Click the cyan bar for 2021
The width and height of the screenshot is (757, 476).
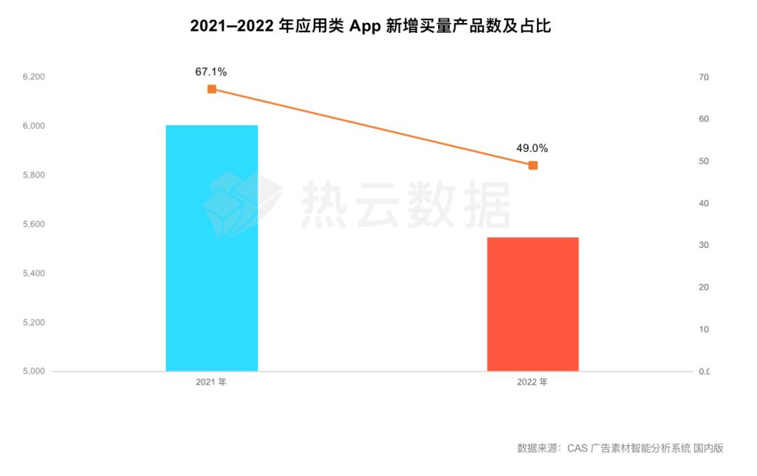click(x=212, y=248)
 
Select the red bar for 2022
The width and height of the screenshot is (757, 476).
click(x=533, y=304)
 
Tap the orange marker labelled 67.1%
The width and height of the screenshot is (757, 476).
click(x=212, y=89)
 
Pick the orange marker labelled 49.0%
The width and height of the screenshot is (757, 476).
click(x=533, y=165)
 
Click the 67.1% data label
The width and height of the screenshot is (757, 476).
click(x=211, y=71)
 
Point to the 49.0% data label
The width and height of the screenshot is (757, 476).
click(x=532, y=148)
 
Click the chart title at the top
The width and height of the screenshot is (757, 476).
click(x=371, y=27)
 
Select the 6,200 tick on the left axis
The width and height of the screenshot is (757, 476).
click(x=34, y=77)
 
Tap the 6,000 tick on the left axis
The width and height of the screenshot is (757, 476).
click(x=34, y=126)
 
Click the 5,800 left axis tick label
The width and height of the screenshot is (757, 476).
click(x=34, y=175)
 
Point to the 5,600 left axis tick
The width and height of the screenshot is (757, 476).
click(x=34, y=224)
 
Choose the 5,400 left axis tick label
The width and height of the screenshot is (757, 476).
click(x=34, y=273)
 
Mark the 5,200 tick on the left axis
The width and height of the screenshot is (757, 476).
click(x=34, y=323)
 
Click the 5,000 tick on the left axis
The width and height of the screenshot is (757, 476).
click(x=34, y=372)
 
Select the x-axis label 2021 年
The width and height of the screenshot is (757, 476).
click(x=211, y=383)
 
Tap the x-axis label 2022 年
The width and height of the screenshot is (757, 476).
click(x=532, y=383)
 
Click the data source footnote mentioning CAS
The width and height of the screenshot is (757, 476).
click(x=620, y=448)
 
